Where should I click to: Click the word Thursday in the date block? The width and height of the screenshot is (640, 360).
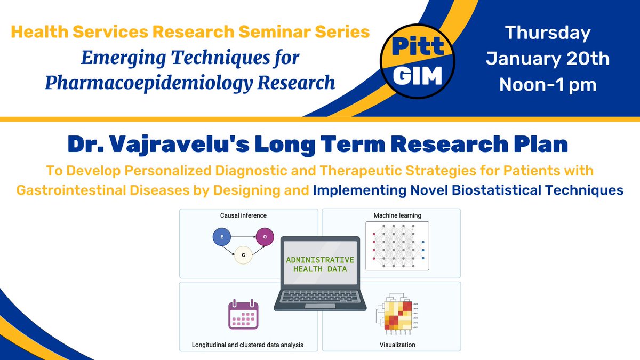coord(547,33)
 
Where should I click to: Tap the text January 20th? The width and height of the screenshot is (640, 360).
coord(547,58)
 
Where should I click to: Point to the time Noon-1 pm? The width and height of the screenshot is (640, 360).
coord(547,84)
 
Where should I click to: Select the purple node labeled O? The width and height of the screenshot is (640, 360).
coord(265,236)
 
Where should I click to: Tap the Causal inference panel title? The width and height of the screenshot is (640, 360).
coord(243,215)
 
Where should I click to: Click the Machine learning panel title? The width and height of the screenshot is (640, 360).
coord(397,215)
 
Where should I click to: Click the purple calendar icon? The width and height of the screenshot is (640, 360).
coord(243,315)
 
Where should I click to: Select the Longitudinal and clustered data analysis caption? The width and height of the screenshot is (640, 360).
coord(247,345)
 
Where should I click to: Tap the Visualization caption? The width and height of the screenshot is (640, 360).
coord(397,345)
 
